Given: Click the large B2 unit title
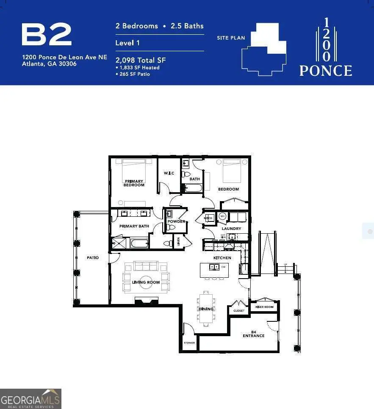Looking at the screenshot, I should click(x=47, y=35).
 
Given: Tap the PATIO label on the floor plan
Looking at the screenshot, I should click(x=93, y=257).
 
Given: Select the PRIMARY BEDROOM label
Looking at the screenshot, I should click(x=134, y=183).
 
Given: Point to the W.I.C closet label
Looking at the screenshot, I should click(x=169, y=173).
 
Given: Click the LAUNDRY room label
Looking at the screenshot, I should click(x=232, y=229).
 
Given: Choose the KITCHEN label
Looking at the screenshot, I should click(x=222, y=258).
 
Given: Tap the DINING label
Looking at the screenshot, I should click(x=206, y=309).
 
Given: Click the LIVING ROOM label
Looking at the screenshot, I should click(x=146, y=282).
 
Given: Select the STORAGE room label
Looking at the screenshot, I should click(x=189, y=342).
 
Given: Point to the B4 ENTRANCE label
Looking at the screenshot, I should click(x=254, y=334).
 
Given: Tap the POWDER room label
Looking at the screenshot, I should click(x=176, y=221).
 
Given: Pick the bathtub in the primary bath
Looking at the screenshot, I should click(x=139, y=243).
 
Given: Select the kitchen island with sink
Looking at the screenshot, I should click(x=214, y=269).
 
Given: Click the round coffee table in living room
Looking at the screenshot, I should click(x=146, y=282).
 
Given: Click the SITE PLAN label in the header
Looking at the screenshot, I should click(x=231, y=38).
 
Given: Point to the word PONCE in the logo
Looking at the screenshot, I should click(x=326, y=71).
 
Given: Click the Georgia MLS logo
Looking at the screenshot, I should click(x=31, y=399).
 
